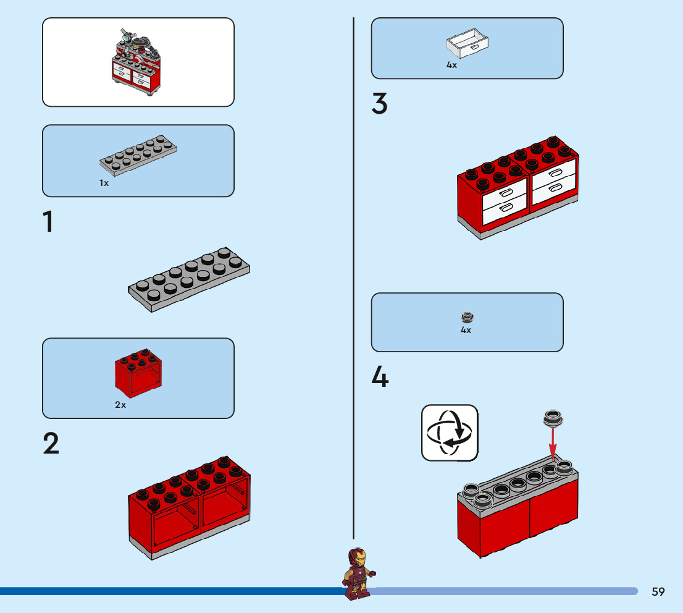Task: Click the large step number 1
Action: pos(48,222)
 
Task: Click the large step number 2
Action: pos(51,444)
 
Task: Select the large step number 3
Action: pos(379,104)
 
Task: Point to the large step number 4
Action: pos(380,377)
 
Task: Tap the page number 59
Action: pos(658,591)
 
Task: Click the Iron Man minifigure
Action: pos(359,573)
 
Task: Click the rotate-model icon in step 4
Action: pos(450,433)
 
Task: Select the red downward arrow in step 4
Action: pos(553,442)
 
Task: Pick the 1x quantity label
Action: pos(104,183)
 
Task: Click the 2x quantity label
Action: pos(120,405)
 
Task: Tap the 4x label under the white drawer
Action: pos(451,65)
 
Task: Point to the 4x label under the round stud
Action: pos(466,330)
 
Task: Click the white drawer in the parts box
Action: pos(467,42)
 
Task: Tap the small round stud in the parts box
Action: pos(467,318)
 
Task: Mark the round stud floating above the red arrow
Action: pos(553,418)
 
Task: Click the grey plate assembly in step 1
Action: pos(189,280)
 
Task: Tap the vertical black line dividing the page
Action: pos(354,278)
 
